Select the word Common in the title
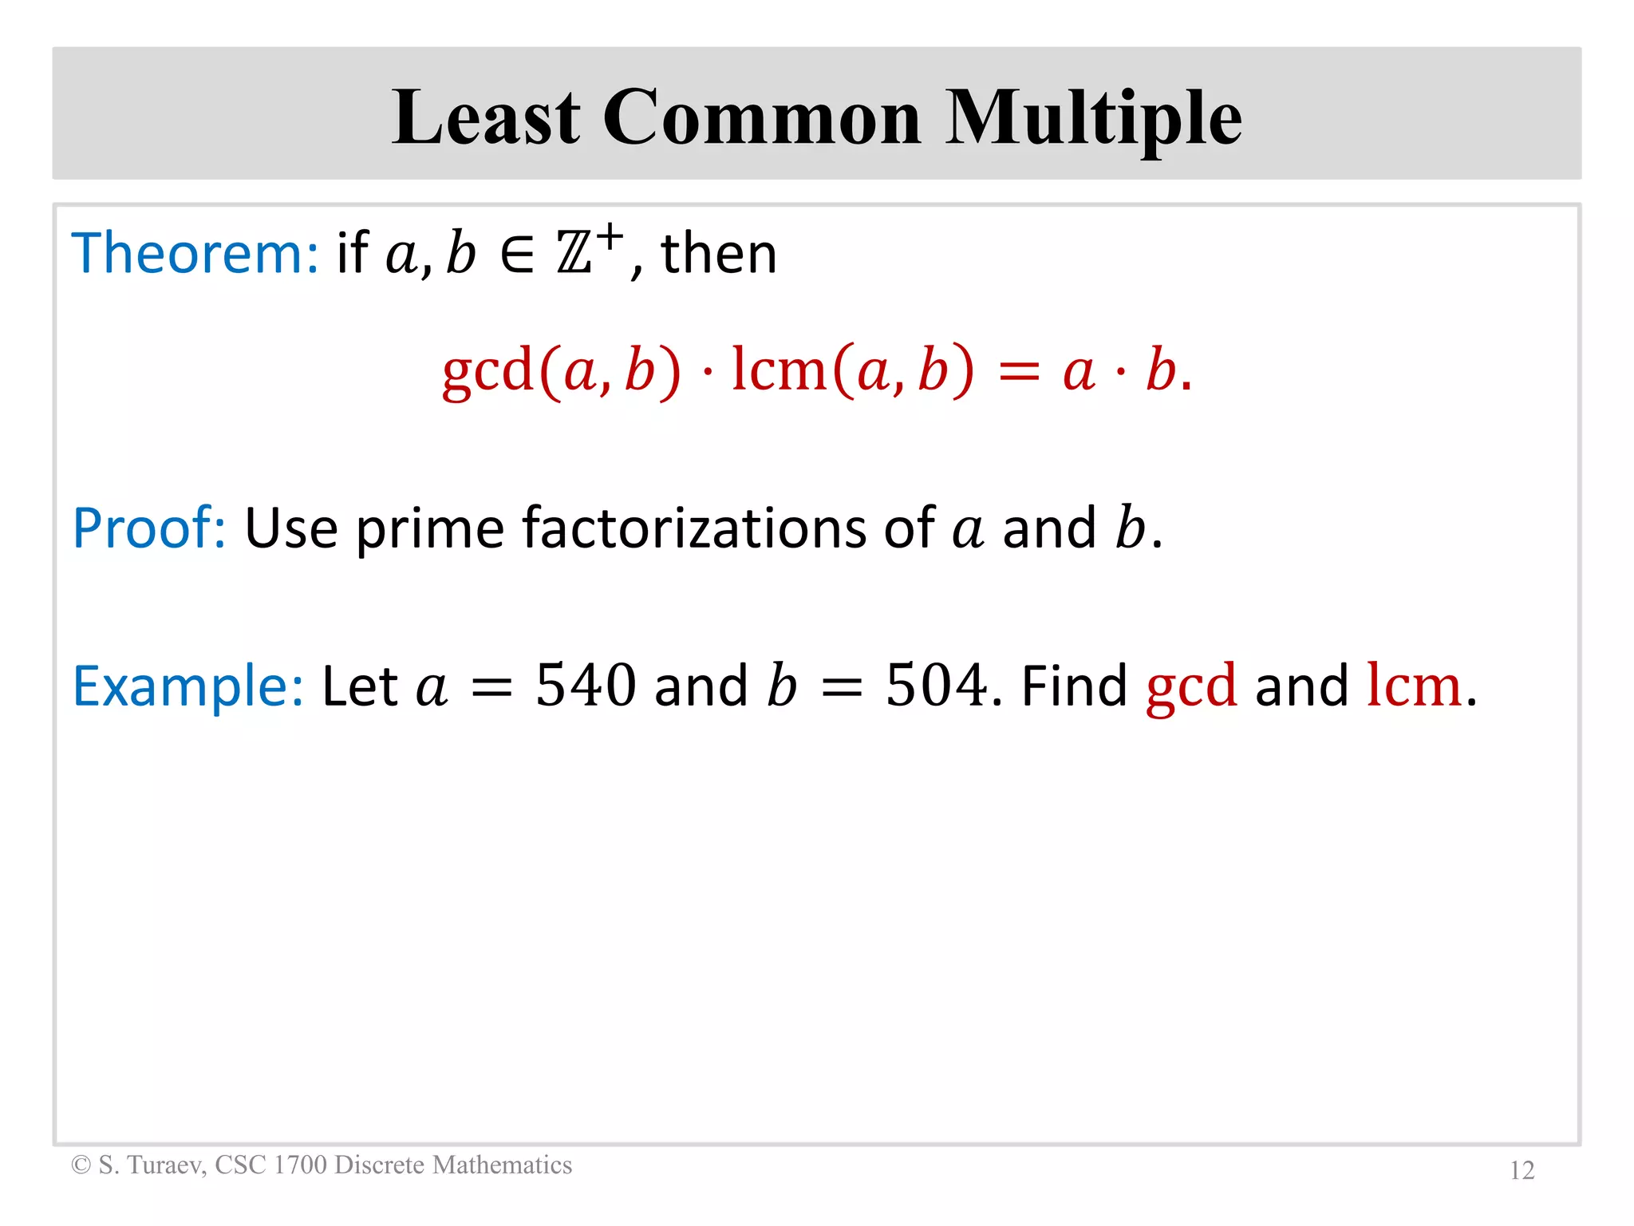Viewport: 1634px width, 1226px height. (762, 117)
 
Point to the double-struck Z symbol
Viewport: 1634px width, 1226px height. (574, 254)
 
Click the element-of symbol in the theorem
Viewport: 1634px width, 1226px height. (517, 255)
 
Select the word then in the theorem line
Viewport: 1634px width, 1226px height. (719, 254)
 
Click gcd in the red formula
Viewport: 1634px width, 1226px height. (487, 371)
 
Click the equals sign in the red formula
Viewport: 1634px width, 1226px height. (1019, 372)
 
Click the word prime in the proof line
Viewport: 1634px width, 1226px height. (430, 529)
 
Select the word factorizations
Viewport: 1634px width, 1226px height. (693, 528)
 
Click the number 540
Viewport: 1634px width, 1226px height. (586, 685)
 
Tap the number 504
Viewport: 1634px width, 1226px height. (936, 685)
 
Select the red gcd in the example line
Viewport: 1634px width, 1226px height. (1191, 686)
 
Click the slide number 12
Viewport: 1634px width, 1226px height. (1522, 1170)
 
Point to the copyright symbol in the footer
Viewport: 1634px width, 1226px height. (81, 1165)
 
